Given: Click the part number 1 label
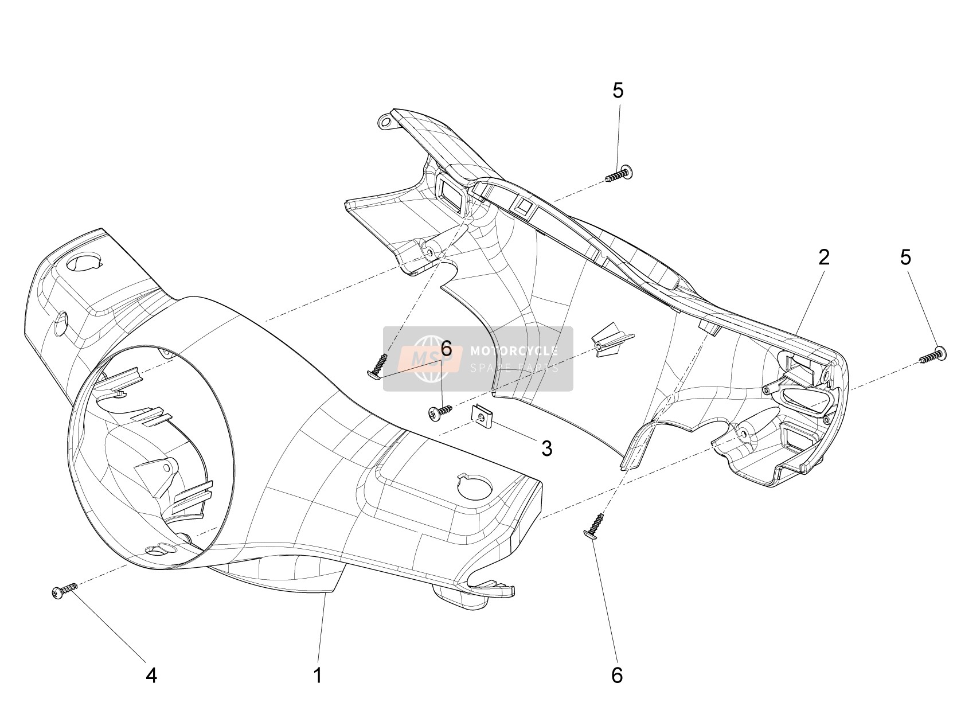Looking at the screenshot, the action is coord(318,675).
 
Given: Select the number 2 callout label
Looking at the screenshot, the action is coord(823,257).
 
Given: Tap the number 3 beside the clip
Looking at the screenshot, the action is coord(546,448).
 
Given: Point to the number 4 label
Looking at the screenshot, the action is coord(151,676).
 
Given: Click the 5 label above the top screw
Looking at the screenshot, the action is coord(618,91).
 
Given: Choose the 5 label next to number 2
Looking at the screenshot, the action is coord(905,257).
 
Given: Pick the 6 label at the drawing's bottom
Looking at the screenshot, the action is coord(617,676).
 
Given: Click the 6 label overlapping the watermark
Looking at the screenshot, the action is coord(446,349).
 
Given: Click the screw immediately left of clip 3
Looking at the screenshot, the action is coord(439,412).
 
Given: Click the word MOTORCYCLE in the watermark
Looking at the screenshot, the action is coord(514,350).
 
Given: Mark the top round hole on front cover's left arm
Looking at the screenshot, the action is coord(85,263).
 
